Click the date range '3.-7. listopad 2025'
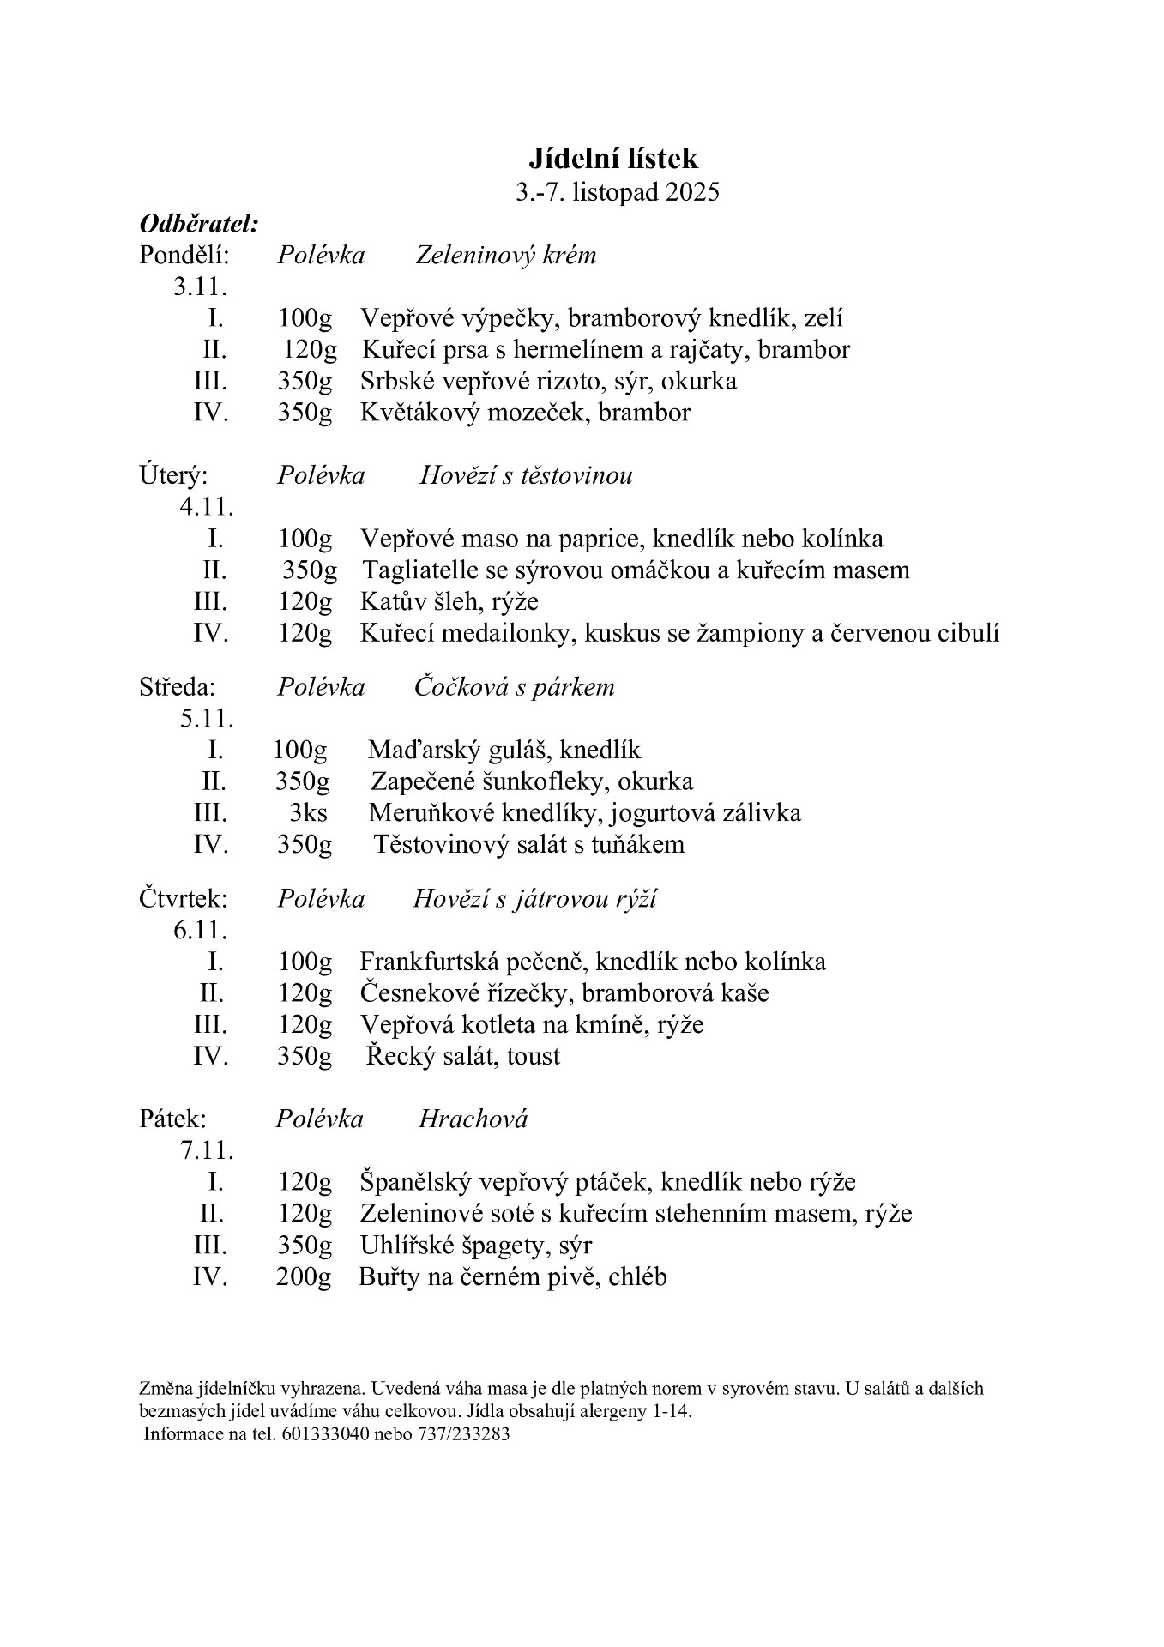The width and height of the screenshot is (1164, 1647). [618, 191]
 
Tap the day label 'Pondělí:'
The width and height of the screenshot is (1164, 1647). [184, 255]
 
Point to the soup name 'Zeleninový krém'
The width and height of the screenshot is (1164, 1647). [505, 255]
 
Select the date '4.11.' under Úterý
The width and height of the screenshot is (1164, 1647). [206, 506]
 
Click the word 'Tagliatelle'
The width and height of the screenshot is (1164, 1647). [414, 570]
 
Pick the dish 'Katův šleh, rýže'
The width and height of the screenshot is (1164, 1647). [449, 601]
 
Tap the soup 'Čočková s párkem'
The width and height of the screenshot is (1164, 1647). [514, 687]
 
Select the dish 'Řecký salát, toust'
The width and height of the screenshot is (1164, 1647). [462, 1056]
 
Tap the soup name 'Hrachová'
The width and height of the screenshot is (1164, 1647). [473, 1119]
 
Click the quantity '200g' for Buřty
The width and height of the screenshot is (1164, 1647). [303, 1277]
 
